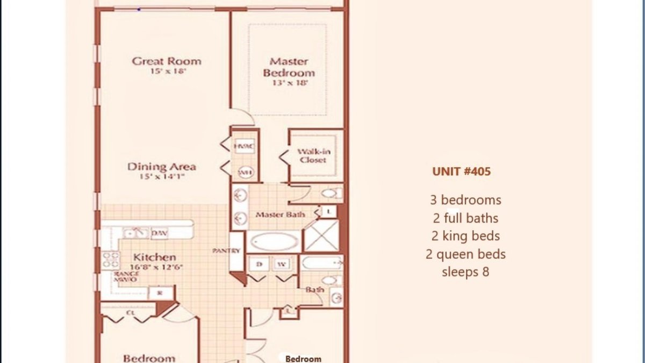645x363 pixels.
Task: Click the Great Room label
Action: coord(167,61)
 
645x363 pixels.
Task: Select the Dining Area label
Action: coord(161,167)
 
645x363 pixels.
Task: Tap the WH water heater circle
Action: coord(245,172)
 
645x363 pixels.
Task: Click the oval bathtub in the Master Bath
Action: coord(274,242)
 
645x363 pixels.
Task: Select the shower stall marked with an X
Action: coord(321,235)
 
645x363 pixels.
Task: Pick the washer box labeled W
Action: coord(281,264)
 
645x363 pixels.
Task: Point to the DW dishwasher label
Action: coord(159,233)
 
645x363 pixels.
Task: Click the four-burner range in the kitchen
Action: coord(111,260)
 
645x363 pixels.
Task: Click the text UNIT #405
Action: coord(461,172)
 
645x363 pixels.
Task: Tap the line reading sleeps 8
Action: coord(465,272)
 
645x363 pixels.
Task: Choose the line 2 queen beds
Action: coord(465,254)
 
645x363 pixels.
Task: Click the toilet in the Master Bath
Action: coord(328,193)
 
